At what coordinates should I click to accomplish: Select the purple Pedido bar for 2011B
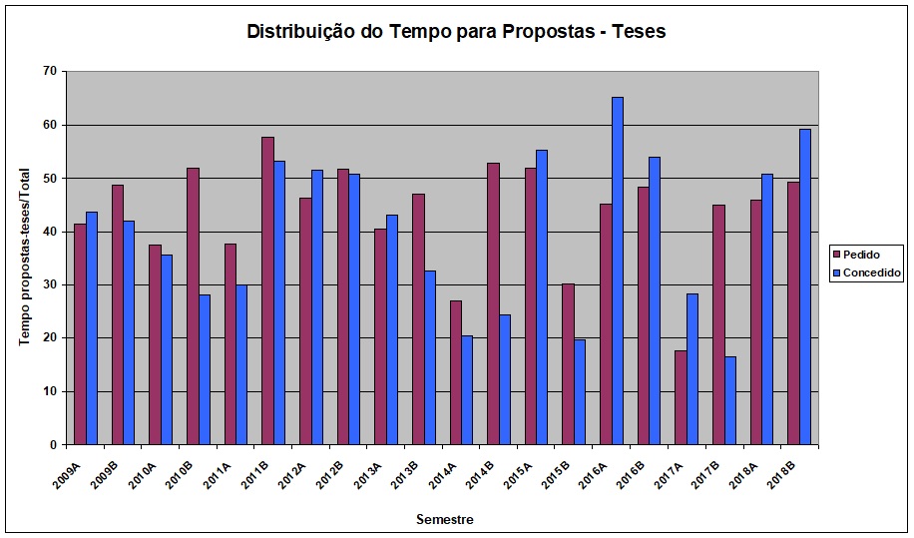267,290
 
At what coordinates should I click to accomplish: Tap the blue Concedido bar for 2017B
730,400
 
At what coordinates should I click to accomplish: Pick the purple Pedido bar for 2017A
681,397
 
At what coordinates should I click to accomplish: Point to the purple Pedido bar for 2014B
493,303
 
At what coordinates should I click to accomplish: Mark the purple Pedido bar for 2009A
80,334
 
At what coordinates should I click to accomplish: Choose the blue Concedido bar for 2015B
580,391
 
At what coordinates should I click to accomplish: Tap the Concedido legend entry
867,271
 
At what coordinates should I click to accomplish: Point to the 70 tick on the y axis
49,71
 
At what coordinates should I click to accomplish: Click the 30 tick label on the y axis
49,284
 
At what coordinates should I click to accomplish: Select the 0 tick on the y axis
52,444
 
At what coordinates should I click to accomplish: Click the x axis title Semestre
444,519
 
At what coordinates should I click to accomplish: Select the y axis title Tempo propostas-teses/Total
24,258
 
